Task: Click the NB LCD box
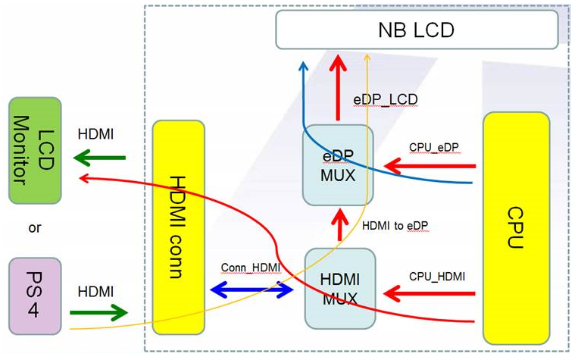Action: pos(417,30)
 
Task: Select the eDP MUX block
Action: pos(338,164)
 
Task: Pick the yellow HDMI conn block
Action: pos(179,227)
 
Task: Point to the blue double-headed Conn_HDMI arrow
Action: pos(251,289)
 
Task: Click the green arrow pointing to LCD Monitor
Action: pos(99,158)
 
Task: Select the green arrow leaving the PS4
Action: pos(99,311)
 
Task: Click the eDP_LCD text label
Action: pos(386,99)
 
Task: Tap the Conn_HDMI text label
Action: pos(250,268)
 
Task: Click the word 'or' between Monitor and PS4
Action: pos(34,227)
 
